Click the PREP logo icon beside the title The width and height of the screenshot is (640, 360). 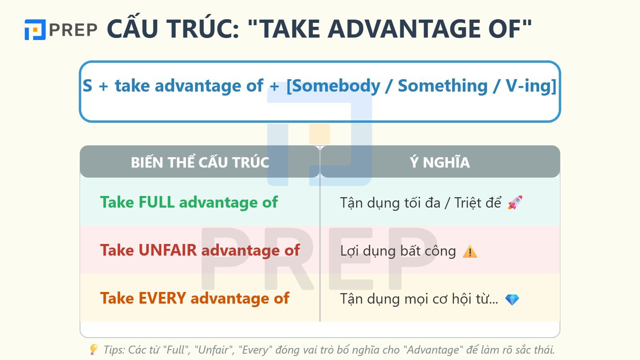(x=35, y=30)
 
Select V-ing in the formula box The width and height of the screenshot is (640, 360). (x=528, y=86)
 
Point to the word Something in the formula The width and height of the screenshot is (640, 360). (x=442, y=86)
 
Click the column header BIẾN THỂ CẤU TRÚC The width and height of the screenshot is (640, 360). (x=200, y=162)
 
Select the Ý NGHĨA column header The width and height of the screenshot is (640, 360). (x=440, y=162)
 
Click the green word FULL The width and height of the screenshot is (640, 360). (x=156, y=202)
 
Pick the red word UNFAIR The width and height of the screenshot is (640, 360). (x=168, y=250)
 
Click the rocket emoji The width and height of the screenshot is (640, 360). (x=515, y=203)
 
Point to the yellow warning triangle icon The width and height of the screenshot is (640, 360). (x=470, y=252)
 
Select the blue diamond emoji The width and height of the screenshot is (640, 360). (x=512, y=299)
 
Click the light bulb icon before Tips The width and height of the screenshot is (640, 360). (x=93, y=350)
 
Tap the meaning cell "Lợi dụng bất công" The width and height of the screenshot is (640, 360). (x=398, y=251)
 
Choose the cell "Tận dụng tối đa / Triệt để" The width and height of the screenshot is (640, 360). (x=420, y=203)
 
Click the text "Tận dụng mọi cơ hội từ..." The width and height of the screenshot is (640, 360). (x=419, y=299)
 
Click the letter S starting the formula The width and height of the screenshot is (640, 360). (x=87, y=86)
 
